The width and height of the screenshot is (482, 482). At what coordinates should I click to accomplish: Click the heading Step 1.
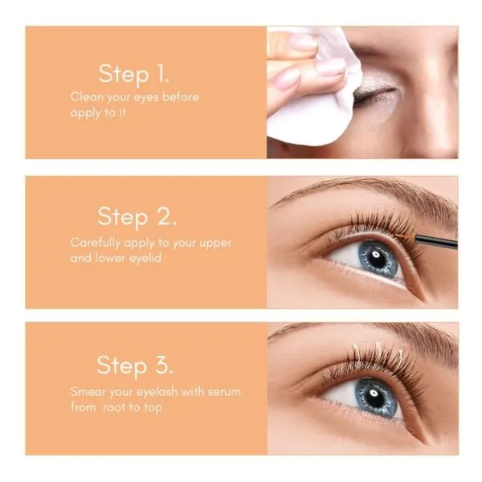pos(134,74)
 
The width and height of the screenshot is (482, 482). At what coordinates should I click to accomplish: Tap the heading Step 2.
pos(137,216)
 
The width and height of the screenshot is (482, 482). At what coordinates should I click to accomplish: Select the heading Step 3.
pos(133,365)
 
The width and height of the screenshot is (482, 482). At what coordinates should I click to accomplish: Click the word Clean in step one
pos(86,97)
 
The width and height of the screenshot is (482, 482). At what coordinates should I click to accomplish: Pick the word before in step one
pos(179,97)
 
